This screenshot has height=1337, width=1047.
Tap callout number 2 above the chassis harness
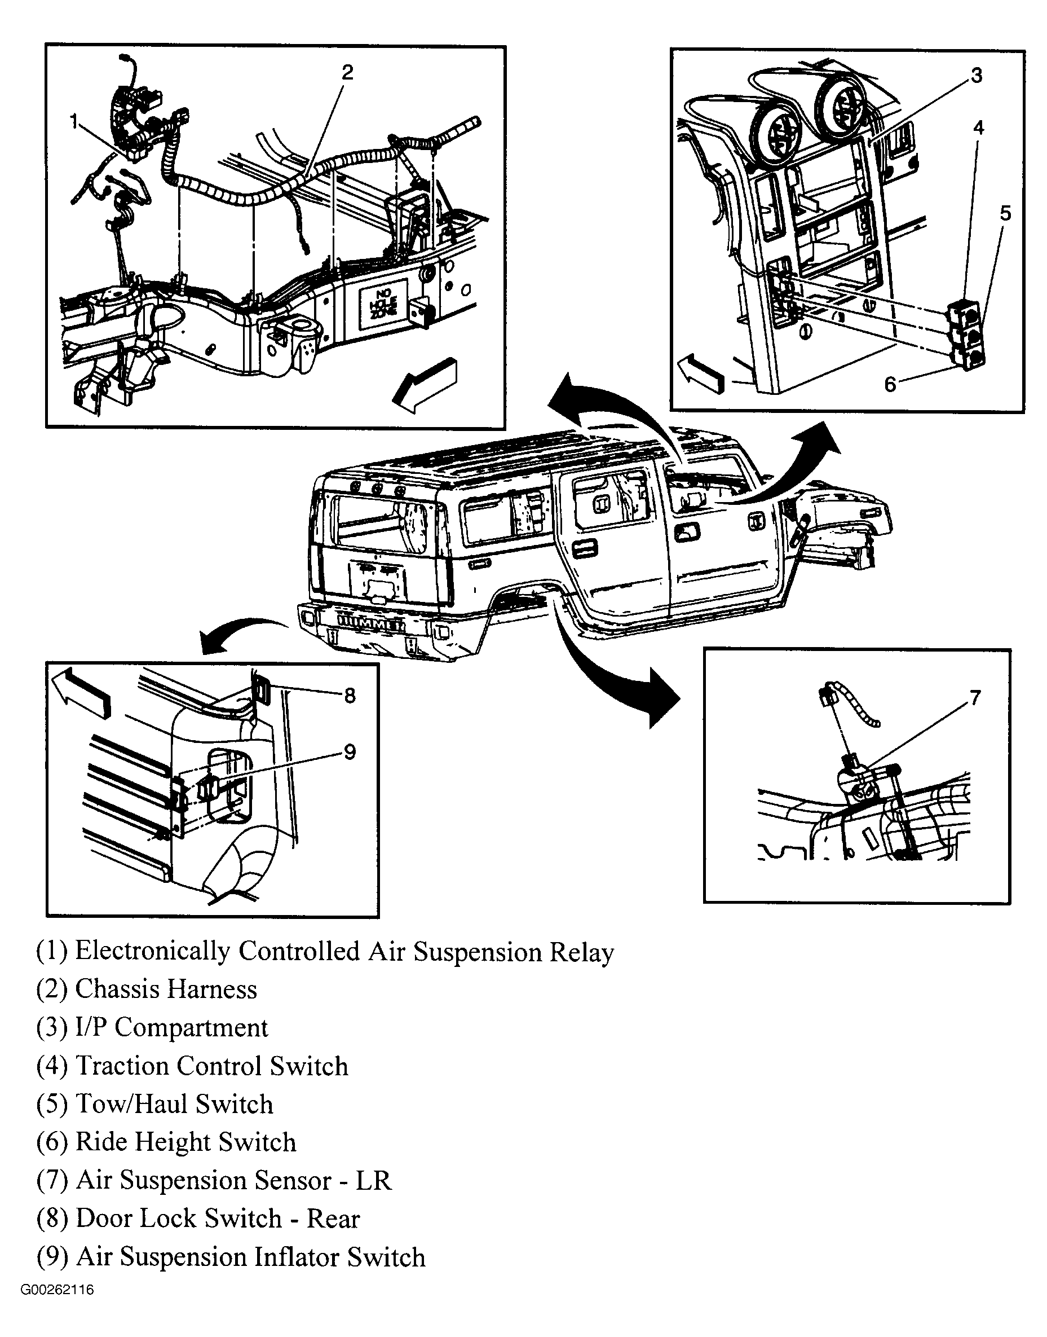347,73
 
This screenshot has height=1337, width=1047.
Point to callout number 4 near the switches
978,127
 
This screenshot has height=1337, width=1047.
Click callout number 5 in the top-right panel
1005,213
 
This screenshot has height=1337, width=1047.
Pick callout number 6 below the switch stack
890,384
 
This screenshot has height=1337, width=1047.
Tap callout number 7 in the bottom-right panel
975,697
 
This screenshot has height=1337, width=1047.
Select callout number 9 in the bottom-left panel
350,752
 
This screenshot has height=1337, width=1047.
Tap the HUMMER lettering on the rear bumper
372,624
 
